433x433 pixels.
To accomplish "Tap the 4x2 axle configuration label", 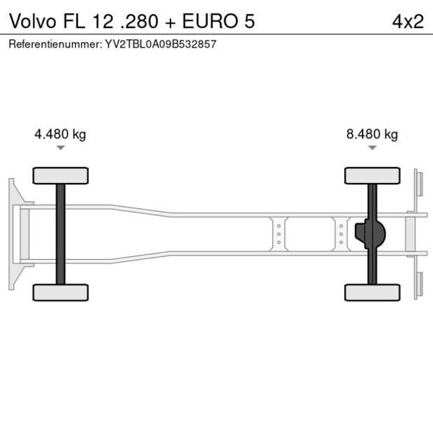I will click(407, 21).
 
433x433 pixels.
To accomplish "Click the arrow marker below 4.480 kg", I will click(61, 148).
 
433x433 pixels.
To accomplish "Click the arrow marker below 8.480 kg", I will click(372, 148).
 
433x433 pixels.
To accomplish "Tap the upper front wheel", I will click(61, 175).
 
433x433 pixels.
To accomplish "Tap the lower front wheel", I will click(61, 292).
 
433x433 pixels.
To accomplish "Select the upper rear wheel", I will click(372, 175).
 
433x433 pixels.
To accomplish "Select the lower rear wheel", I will click(372, 292).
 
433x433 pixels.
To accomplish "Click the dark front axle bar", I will click(61, 234).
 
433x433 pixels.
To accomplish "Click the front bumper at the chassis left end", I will click(12, 234).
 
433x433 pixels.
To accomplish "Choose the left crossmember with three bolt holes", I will click(279, 234).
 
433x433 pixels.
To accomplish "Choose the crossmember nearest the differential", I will click(341, 234).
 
